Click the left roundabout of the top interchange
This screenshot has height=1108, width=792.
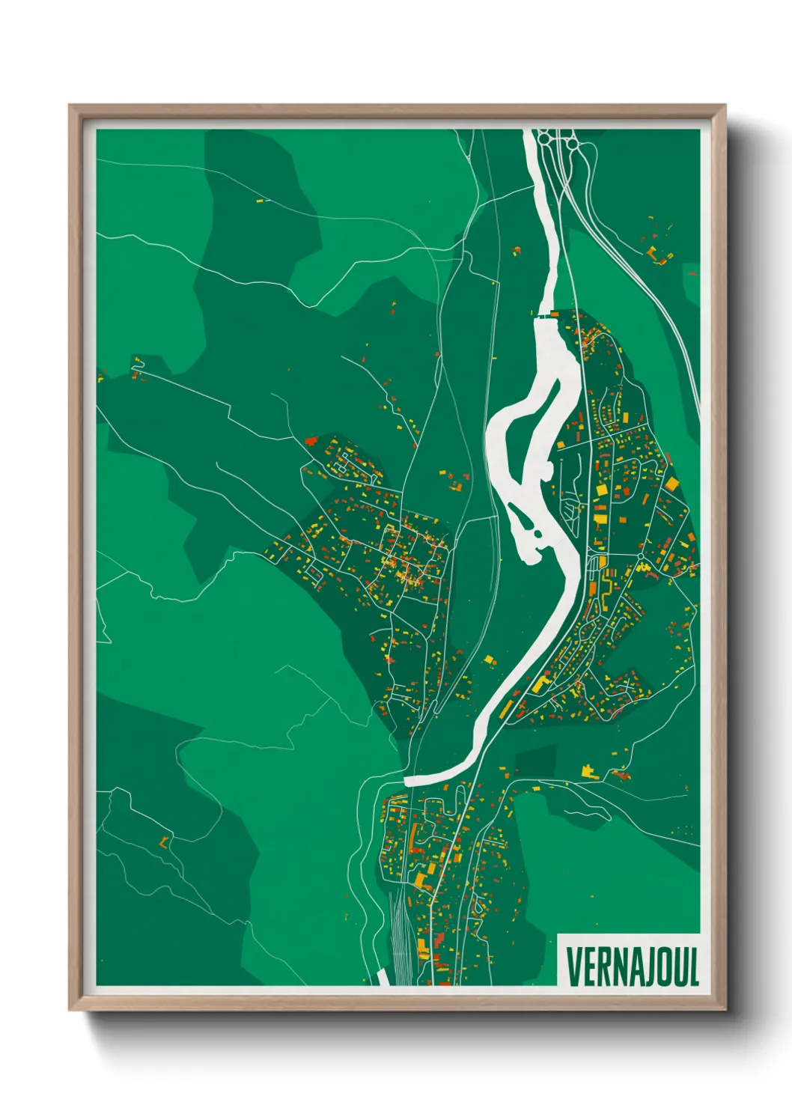pos(545,138)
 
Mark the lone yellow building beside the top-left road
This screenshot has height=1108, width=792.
pos(260,201)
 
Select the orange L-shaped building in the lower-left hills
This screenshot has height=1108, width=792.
pos(163,841)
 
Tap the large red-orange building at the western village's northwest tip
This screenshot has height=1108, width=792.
pos(311,441)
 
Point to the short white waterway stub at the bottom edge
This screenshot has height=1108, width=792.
pos(382,977)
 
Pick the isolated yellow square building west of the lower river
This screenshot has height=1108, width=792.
pos(490,660)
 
